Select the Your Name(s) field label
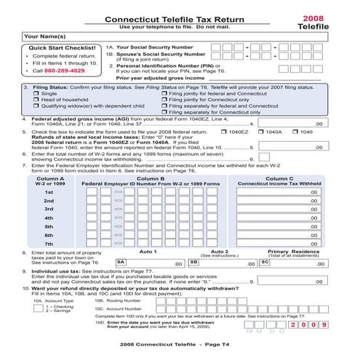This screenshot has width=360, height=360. point(44,35)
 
